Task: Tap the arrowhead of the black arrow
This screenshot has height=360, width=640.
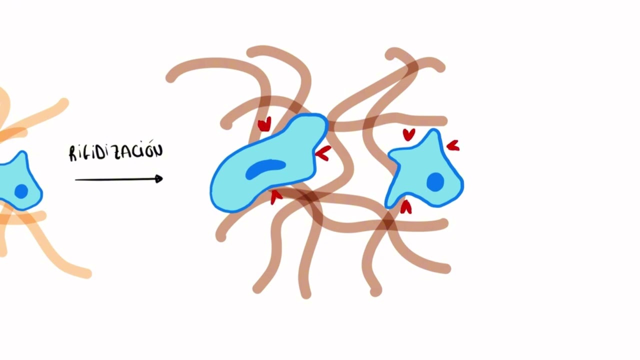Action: [x=159, y=179]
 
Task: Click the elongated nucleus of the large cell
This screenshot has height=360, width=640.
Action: [x=265, y=169]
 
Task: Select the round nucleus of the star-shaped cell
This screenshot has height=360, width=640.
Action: [x=435, y=182]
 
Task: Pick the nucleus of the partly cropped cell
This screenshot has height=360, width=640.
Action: [x=21, y=191]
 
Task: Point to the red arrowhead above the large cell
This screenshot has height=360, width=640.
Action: [x=264, y=124]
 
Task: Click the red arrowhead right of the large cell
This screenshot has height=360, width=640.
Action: [x=323, y=153]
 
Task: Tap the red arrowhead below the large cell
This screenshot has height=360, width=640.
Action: [x=275, y=197]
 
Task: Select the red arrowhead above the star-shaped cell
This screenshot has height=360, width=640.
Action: [x=409, y=134]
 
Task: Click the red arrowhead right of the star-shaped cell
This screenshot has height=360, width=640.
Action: [x=453, y=145]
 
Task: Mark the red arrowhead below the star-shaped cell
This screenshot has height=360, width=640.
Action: [x=405, y=207]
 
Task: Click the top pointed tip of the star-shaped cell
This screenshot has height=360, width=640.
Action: [x=434, y=130]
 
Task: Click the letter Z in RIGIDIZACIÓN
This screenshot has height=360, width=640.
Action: [x=117, y=153]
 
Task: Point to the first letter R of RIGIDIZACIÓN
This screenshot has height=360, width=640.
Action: [x=73, y=153]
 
